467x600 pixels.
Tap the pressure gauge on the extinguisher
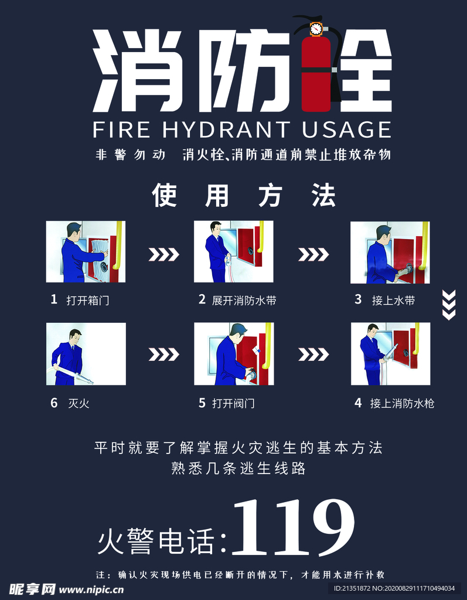coord(316,28)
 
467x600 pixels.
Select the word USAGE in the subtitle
coord(346,129)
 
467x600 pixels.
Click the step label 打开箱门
coord(88,301)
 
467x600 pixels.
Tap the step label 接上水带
coord(393,301)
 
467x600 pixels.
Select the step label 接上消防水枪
coord(402,403)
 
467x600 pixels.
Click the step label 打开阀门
coord(233,403)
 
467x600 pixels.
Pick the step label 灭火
coord(79,403)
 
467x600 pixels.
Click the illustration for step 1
coord(86,251)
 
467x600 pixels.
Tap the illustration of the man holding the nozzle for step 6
coord(86,354)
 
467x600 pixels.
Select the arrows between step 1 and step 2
coord(163,254)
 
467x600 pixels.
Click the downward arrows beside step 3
coord(448,305)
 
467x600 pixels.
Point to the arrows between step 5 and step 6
coord(163,354)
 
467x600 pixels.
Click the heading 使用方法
coord(244,196)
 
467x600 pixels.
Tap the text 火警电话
coord(156,542)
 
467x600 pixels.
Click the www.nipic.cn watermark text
coord(91,588)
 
